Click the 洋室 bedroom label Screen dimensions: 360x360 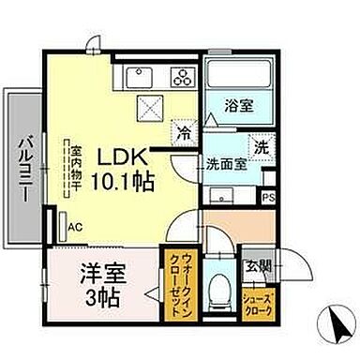pyautogui.click(x=100, y=278)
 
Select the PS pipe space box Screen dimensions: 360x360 pyautogui.click(x=268, y=197)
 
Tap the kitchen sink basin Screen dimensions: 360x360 pyautogui.click(x=142, y=76)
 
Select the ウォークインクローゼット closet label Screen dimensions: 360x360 pyautogui.click(x=178, y=280)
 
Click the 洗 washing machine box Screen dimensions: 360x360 pyautogui.click(x=262, y=146)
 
